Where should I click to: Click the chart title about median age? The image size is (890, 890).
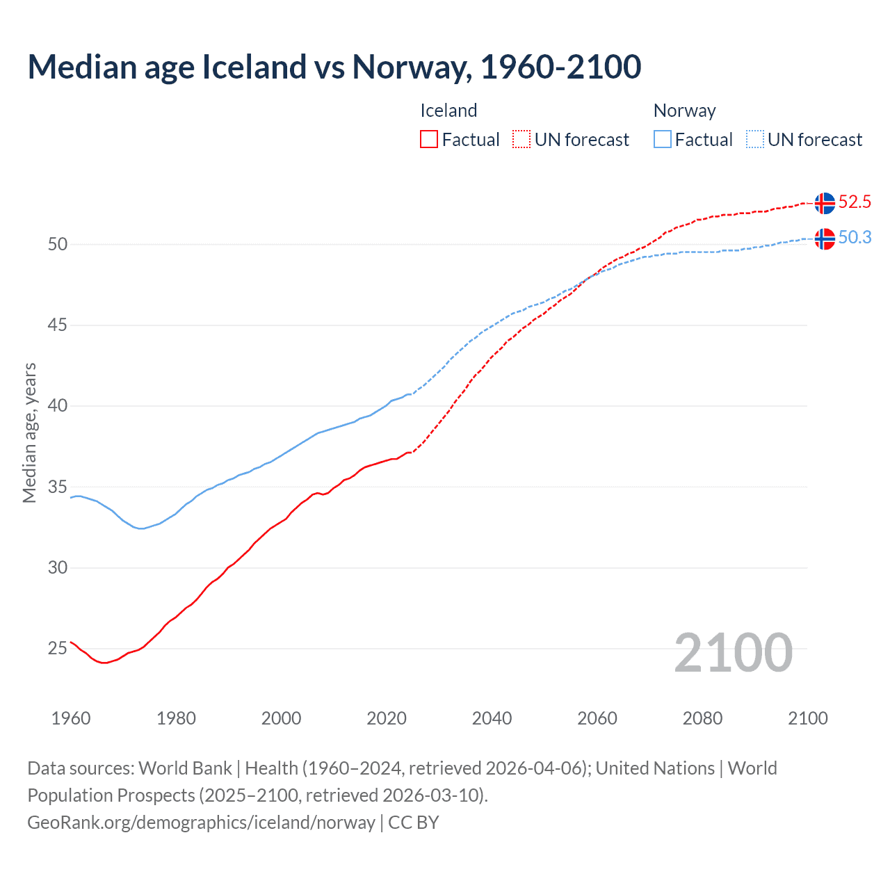click(334, 67)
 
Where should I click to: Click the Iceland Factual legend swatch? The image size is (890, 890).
click(429, 140)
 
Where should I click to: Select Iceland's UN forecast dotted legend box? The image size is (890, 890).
click(521, 140)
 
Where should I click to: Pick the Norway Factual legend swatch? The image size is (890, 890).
click(663, 140)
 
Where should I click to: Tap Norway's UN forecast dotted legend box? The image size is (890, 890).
click(755, 140)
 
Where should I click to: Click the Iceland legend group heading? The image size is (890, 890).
click(448, 111)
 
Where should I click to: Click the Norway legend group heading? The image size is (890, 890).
click(684, 111)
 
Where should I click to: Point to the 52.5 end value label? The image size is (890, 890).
click(855, 202)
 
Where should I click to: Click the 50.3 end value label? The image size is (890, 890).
click(855, 238)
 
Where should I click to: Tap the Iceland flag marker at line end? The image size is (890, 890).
click(825, 203)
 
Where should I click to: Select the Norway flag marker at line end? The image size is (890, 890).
click(825, 238)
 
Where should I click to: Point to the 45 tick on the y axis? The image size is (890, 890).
click(58, 325)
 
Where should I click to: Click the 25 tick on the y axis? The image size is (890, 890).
click(58, 649)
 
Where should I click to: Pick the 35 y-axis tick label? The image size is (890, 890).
click(58, 487)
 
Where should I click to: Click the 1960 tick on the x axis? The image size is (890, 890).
click(71, 718)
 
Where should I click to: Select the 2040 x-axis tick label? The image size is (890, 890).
click(492, 718)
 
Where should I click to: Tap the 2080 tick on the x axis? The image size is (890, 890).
click(702, 718)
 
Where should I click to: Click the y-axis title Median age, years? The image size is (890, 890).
click(29, 432)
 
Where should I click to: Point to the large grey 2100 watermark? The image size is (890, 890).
click(733, 653)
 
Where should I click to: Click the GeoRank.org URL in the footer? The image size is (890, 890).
click(201, 823)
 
